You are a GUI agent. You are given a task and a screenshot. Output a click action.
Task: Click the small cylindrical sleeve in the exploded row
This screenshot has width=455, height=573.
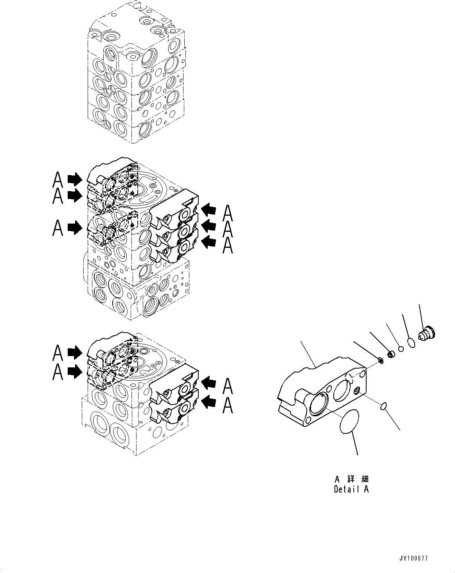point(390,354)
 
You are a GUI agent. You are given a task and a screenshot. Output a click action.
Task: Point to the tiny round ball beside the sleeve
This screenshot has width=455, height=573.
point(400,349)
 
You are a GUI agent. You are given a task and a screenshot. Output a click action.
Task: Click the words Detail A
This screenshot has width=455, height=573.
point(351,489)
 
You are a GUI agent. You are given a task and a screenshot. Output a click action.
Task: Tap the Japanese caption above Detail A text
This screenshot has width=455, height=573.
point(351,479)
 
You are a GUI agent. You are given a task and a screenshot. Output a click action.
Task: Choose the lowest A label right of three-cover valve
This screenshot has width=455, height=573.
point(228,247)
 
